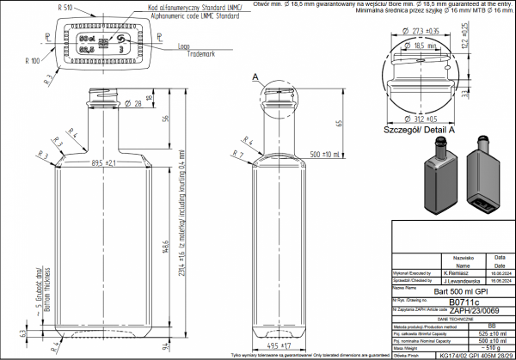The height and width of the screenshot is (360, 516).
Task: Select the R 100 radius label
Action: (32, 61)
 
